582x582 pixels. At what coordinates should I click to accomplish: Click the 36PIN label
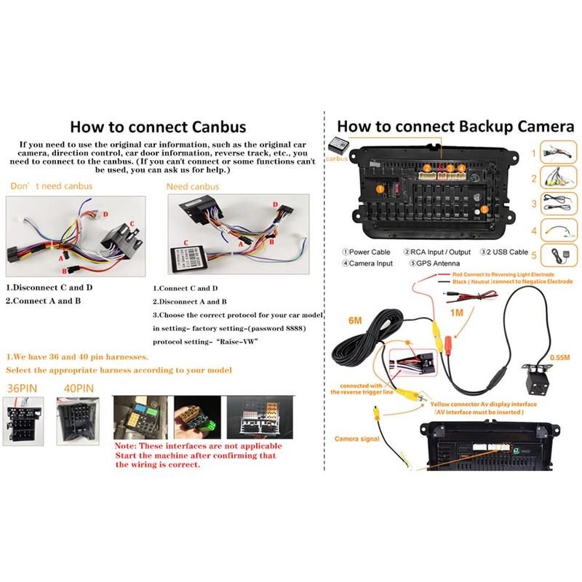(21, 389)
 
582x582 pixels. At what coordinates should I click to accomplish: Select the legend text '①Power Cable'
(366, 251)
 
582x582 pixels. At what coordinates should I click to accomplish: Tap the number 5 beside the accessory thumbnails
(533, 256)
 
